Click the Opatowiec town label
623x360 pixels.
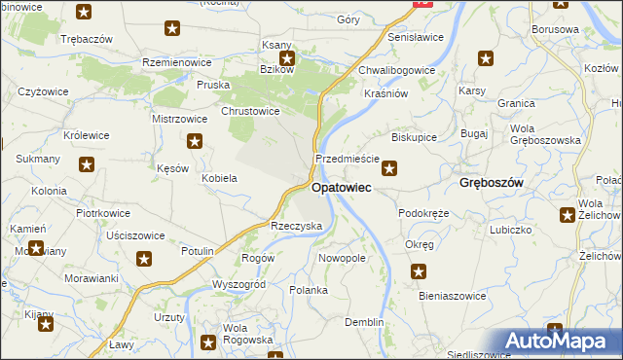340,188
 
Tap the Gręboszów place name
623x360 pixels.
492,183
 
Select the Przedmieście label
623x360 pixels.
341,159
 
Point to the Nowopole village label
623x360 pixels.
342,259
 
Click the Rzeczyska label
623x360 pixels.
296,226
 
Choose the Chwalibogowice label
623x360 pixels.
396,70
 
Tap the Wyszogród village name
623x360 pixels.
238,284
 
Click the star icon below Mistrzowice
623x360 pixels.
196,142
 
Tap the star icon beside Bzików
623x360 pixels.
288,57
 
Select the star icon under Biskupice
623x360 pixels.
389,168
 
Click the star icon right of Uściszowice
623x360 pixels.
144,258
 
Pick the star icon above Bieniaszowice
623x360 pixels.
420,272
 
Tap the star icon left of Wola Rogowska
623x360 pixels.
207,342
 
